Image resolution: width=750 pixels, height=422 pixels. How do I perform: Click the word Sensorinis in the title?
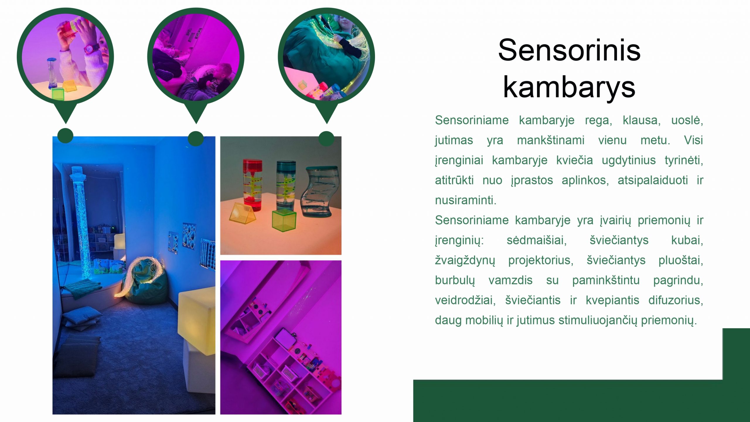pos(569,50)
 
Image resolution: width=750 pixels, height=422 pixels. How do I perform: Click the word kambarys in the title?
pos(569,87)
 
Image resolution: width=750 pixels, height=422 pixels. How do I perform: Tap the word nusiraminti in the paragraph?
pos(466,200)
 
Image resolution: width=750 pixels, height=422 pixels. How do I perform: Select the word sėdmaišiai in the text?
pos(537,240)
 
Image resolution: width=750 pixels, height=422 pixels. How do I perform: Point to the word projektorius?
pos(541,260)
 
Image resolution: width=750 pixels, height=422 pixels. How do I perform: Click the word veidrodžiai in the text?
pos(465,300)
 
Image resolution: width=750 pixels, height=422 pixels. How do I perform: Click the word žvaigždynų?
pos(465,261)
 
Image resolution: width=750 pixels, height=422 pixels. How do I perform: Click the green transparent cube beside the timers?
pos(284,220)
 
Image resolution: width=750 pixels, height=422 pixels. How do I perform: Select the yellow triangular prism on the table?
pos(242,213)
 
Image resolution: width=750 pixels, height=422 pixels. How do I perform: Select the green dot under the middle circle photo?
pos(196,139)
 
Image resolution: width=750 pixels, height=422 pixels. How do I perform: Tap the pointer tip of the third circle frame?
pos(326,123)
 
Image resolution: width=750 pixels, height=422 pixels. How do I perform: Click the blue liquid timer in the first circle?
pos(52,73)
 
